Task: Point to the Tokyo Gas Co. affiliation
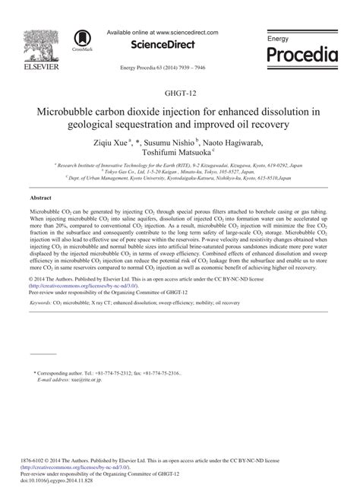(115, 171)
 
